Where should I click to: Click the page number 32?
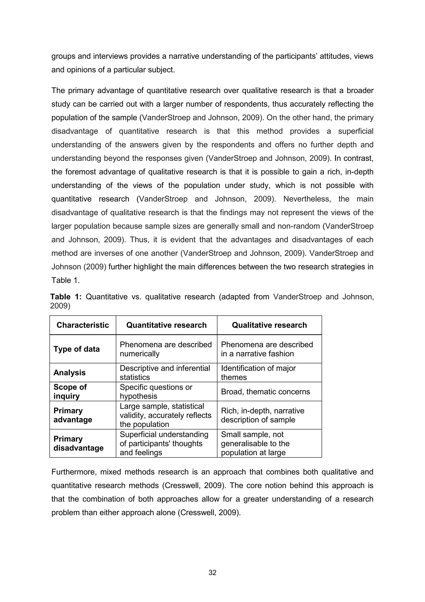point(212,573)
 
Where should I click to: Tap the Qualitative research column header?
point(269,325)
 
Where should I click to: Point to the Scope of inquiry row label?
point(70,391)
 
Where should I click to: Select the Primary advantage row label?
point(73,415)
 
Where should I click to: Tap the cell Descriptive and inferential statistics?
point(165,373)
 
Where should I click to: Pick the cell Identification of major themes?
point(258,373)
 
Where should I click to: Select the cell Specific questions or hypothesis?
point(156,391)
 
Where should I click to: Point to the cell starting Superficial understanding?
point(164,443)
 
